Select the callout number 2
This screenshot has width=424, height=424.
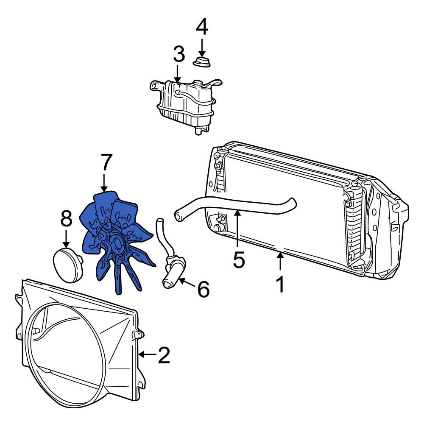[164, 354]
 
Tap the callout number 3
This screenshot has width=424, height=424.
[179, 54]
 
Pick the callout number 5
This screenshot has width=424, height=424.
[239, 259]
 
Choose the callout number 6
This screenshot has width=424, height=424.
[204, 289]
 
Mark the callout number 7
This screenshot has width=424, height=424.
[106, 162]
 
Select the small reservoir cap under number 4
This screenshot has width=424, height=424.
[202, 62]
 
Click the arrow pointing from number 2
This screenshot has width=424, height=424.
[148, 354]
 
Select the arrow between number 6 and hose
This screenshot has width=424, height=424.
[187, 282]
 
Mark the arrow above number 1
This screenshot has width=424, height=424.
[280, 261]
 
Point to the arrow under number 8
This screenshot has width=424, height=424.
[66, 238]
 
